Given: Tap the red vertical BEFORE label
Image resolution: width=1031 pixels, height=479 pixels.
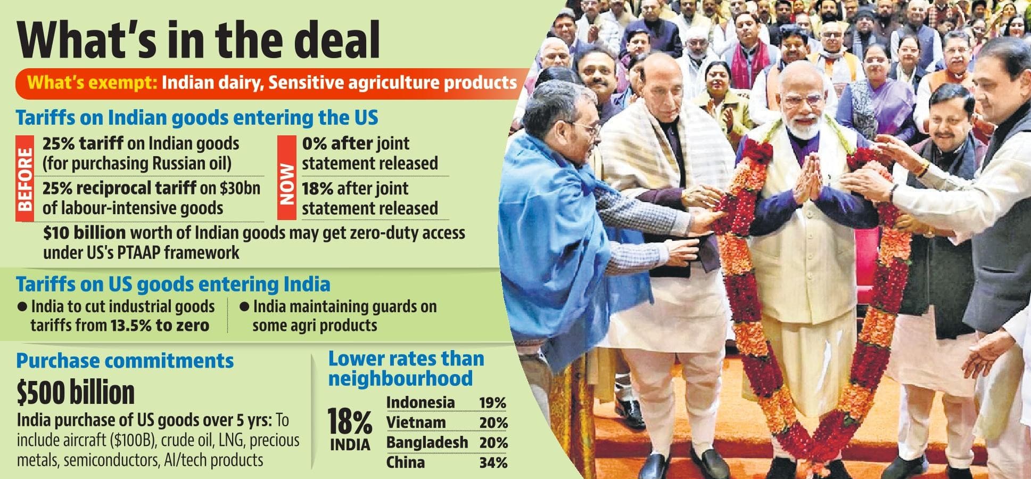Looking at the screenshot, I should click(25, 178).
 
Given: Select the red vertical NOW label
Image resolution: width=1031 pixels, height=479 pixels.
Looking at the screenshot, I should click(286, 178).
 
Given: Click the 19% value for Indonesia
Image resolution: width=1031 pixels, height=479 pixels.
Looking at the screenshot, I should click(492, 403).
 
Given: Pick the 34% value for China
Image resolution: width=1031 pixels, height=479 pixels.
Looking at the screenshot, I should click(493, 462).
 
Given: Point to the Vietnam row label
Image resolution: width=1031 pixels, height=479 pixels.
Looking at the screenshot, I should click(416, 423).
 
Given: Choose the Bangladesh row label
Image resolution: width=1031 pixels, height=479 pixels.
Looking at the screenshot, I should click(427, 442).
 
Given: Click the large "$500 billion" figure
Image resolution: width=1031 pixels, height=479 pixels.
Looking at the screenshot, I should click(76, 393).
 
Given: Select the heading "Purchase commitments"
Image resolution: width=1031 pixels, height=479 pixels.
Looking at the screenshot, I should click(125, 361).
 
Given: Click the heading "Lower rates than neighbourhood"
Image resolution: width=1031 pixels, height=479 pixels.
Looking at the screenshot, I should click(406, 368).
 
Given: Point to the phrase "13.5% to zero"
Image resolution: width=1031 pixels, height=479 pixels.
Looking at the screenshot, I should click(160, 325).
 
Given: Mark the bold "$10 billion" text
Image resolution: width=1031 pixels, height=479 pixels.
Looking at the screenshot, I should click(85, 233).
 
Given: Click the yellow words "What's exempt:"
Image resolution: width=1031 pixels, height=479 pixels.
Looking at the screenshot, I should click(92, 83).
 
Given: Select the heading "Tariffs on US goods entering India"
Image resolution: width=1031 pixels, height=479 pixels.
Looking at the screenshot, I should click(173, 284).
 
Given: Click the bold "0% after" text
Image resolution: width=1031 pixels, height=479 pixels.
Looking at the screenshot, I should click(337, 143).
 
